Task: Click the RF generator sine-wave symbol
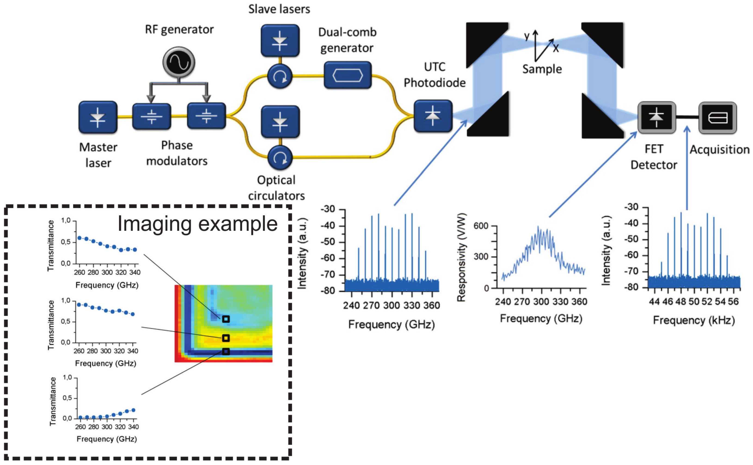[179, 62]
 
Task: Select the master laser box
[98, 117]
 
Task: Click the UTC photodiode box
[433, 116]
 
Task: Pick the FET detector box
[657, 118]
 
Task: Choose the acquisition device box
[718, 118]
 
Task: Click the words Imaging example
[198, 224]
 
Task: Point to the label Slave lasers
[279, 9]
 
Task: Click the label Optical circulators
[276, 188]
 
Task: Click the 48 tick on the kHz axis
[681, 301]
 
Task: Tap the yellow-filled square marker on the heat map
[226, 338]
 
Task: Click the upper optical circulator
[280, 76]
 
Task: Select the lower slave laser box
[280, 122]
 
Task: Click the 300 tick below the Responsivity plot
[541, 301]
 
